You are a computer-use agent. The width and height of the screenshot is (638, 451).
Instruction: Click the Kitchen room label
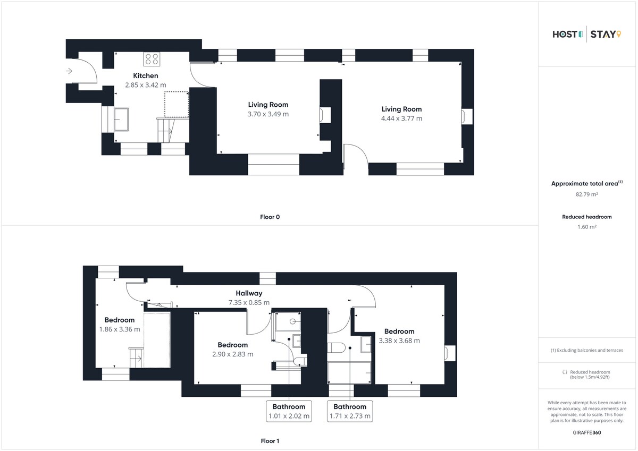[146, 75]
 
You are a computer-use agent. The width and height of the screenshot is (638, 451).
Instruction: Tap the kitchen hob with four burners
[152, 59]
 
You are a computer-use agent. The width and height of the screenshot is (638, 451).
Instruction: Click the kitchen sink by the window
[121, 119]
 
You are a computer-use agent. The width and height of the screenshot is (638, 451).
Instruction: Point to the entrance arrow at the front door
[69, 71]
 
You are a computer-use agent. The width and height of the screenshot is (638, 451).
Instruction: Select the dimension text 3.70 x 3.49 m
[268, 114]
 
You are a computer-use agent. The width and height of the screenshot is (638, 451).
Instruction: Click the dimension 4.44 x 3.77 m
[401, 118]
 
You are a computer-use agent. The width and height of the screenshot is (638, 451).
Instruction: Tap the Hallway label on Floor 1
[249, 293]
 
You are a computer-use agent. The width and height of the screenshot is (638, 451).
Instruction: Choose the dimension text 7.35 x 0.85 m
[249, 302]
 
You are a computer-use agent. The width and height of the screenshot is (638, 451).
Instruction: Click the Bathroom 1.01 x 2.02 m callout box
[289, 411]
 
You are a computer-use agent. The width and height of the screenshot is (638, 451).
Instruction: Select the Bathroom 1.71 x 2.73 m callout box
[350, 411]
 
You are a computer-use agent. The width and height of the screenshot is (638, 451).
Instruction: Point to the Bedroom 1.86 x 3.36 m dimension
[120, 329]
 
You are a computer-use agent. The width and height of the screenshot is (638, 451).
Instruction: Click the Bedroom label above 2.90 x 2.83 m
[233, 345]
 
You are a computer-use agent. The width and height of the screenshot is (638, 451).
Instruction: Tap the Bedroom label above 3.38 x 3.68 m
[399, 331]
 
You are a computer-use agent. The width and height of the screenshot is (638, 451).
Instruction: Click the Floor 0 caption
[270, 217]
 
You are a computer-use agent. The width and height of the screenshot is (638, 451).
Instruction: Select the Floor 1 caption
[270, 441]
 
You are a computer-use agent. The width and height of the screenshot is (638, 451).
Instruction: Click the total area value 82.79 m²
[587, 194]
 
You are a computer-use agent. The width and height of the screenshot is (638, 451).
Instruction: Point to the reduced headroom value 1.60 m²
[587, 227]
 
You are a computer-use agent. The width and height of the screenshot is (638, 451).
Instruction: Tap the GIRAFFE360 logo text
[587, 433]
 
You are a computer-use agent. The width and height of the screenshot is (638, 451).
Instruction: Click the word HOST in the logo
[565, 35]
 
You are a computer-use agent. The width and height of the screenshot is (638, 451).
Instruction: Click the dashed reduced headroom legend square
[565, 372]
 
